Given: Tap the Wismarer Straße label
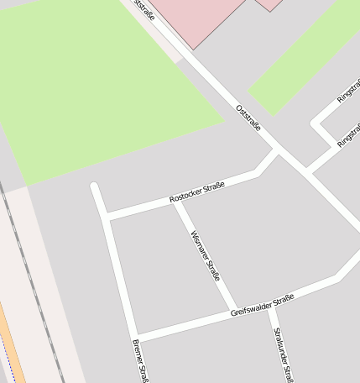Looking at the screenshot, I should point(205,254).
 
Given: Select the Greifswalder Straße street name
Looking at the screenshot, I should point(262,306).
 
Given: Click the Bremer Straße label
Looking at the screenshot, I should point(140,361).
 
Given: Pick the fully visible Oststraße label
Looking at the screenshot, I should point(248,118).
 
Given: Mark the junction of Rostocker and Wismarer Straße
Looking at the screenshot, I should point(176,202).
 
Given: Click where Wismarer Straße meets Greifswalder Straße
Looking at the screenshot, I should point(235,309).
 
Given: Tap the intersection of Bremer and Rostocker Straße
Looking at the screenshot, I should point(108,217).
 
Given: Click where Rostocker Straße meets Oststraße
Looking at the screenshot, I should point(277,151).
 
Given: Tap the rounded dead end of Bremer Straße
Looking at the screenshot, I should point(95,186).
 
